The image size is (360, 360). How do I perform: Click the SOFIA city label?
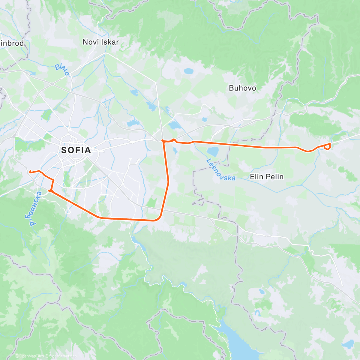76,150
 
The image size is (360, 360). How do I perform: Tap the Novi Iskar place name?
101,42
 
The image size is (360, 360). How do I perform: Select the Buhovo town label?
242,88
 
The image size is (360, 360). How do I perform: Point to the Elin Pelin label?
266,176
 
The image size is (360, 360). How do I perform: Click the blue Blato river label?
62,70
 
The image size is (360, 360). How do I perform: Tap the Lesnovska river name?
220,170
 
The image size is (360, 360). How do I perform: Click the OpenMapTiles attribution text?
31,356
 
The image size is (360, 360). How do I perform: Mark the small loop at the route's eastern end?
328,146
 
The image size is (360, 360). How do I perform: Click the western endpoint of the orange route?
30,172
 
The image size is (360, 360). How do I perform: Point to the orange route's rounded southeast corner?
157,219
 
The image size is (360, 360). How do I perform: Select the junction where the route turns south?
163,140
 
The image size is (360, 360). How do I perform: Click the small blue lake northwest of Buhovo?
188,71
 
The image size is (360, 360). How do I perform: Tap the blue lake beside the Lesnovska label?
213,151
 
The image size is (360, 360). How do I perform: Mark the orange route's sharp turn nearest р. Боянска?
49,190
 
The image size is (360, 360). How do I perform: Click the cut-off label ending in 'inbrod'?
12,43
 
